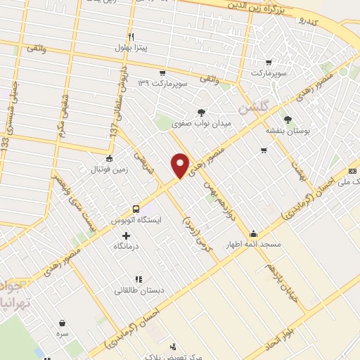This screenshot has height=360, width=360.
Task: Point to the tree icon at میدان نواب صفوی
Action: coord(202,112)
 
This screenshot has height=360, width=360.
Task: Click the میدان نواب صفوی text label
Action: coord(202,124)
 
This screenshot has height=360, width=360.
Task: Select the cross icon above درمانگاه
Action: coord(126,236)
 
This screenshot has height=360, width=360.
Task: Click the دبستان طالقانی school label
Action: coord(138,290)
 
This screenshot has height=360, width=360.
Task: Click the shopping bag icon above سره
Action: coord(64,323)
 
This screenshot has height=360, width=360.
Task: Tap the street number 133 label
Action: coord(5,148)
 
